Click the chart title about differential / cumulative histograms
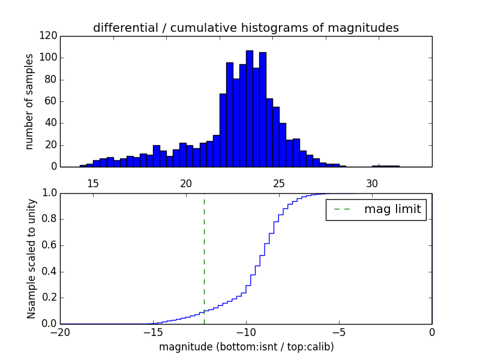pos(245,28)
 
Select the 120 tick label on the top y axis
pos(49,36)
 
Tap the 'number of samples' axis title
pos(29,101)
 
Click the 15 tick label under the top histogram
pos(93,183)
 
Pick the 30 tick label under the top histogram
pos(372,183)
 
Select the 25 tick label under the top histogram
pos(279,183)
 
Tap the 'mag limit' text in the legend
pos(392,209)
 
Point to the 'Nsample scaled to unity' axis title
pos(31,258)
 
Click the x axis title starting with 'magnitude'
pos(246,347)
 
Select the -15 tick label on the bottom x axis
pos(153,332)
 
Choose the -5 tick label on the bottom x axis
pos(339,332)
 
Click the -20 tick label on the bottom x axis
pos(60,332)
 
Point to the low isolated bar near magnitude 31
pos(386,166)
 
